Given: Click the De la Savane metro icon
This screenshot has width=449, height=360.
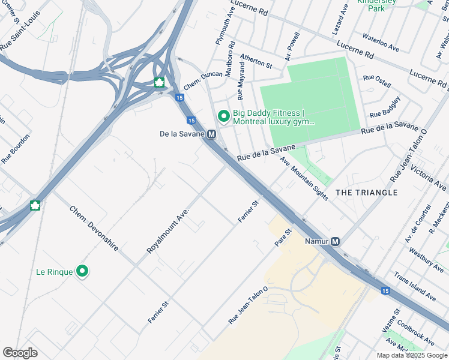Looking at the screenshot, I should pos(211,134).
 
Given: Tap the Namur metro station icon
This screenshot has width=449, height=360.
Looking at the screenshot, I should pos(336,241).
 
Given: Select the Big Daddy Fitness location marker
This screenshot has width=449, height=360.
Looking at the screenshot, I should pos(223,115).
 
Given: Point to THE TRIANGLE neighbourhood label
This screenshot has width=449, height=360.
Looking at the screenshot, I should pos(366,193).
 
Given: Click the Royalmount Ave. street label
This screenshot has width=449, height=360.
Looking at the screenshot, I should pos(168,231).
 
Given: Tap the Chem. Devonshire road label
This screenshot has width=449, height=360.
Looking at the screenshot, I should pos(94,228).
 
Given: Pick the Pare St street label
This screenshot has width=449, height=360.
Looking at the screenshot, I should pos(283,237).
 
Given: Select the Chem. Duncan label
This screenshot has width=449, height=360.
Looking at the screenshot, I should pos(203,79).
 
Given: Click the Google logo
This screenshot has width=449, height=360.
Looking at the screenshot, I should pos(20,353).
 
